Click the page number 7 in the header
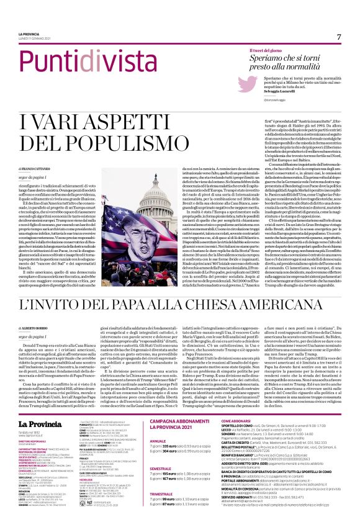pos(339,37)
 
